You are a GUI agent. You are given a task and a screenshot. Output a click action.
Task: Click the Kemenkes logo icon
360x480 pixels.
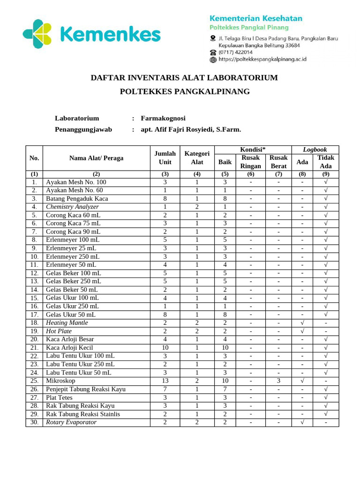tap(37, 34)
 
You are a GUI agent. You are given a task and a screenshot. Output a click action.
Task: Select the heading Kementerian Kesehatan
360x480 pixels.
tap(255, 18)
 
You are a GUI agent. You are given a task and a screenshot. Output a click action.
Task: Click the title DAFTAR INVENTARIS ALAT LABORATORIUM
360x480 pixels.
tap(184, 77)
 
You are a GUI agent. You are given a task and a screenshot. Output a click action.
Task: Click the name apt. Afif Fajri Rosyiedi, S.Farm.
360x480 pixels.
tap(191, 129)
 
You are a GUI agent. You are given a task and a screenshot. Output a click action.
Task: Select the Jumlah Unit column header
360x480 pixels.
tap(165, 158)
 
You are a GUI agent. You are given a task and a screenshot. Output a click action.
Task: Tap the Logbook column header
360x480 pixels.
tap(315, 150)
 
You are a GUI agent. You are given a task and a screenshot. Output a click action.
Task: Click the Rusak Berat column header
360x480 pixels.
tap(278, 162)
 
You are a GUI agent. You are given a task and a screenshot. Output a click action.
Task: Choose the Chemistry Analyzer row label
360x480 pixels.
tap(72, 207)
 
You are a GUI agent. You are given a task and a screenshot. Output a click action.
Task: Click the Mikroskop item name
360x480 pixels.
tap(61, 381)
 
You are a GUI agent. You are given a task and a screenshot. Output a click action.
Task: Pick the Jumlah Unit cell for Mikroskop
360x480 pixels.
tap(165, 381)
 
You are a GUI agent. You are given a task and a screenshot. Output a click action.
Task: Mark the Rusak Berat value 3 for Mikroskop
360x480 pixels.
tap(278, 381)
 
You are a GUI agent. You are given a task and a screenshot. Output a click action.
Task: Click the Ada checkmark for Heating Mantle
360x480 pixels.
tap(302, 323)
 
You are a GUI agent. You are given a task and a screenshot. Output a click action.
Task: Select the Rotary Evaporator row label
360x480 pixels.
tap(71, 422)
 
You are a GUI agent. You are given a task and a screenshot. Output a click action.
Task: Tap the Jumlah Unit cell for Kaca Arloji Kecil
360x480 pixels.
tap(165, 348)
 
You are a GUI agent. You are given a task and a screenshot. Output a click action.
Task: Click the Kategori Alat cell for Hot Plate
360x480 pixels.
tap(197, 331)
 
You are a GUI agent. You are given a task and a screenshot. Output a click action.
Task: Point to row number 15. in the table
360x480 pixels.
tap(34, 298)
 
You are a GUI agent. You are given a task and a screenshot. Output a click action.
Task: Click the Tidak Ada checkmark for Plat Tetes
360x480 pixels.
tap(326, 397)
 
